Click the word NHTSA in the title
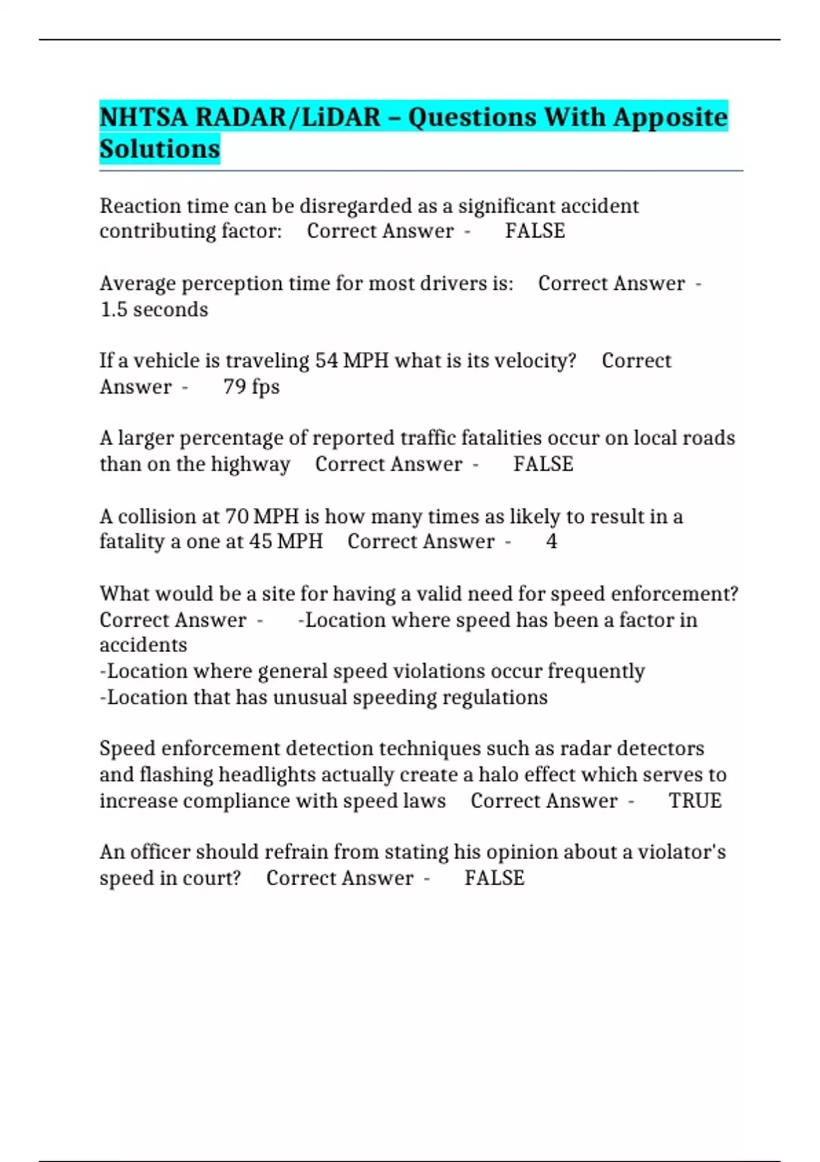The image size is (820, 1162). pos(143,118)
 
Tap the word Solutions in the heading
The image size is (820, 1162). pos(160,149)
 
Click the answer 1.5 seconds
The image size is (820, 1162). pos(154,310)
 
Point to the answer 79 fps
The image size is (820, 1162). pos(251,387)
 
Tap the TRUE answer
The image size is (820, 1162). pos(695,801)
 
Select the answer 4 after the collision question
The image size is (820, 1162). pos(551,542)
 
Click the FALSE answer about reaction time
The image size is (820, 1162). pos(535,232)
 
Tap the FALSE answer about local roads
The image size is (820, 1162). pos(543,465)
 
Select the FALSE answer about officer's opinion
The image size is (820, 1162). pos(495,878)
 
